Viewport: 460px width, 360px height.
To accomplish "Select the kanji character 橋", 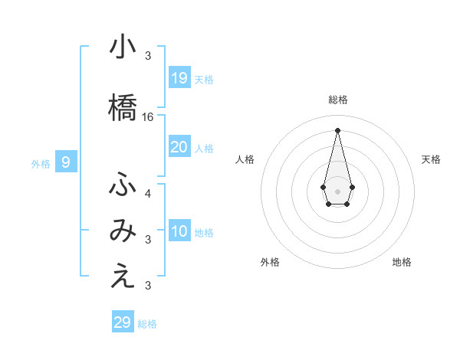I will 123,107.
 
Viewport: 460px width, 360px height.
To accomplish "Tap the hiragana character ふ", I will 123,185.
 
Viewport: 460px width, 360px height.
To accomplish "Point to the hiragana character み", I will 123,231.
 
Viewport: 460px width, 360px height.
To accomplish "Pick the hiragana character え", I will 123,277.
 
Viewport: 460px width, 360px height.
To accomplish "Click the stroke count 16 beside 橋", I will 149,117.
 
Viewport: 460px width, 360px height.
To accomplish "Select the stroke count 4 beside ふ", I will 148,193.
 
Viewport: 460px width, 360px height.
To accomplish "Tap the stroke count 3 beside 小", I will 148,56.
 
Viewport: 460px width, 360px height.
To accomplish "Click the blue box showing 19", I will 179,77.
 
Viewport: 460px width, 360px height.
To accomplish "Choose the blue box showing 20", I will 179,147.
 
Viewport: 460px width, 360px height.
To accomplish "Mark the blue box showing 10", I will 179,231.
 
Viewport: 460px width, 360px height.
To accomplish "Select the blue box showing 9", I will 67,162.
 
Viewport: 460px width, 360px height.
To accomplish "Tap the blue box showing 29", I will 123,322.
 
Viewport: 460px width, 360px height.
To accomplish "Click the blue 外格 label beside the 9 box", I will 41,163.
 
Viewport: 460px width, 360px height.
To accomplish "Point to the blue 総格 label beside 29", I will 147,324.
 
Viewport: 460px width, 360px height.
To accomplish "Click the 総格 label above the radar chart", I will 338,100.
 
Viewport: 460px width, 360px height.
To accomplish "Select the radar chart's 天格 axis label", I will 431,159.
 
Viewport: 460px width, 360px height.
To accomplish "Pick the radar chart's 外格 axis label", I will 270,262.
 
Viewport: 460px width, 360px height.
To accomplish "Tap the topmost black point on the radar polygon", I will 337,129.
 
